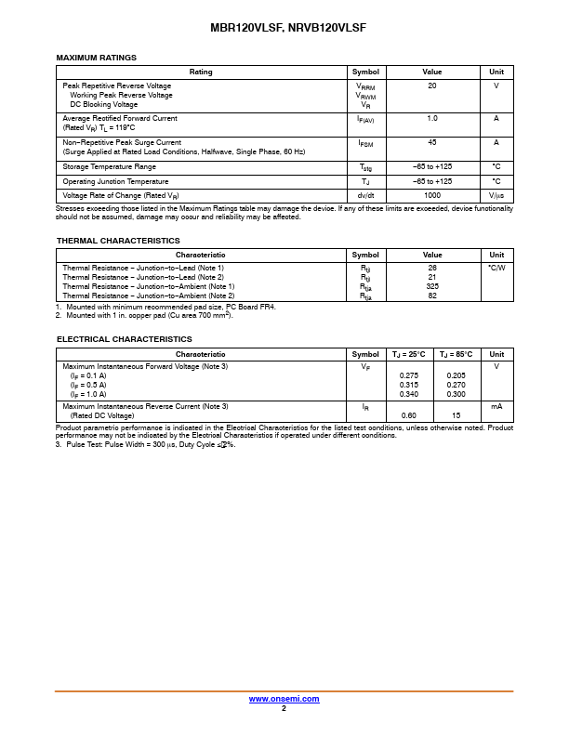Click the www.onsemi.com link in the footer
tap(284, 699)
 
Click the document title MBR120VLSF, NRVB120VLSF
tap(284, 29)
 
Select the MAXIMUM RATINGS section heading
tap(97, 58)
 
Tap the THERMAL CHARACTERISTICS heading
tap(118, 241)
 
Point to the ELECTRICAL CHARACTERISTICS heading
tap(124, 339)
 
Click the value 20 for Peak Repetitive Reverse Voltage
tap(432, 85)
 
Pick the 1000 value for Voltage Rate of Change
tap(432, 196)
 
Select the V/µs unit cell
tap(496, 196)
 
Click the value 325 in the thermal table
tap(432, 286)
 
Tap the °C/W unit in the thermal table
tap(496, 268)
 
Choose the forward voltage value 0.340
tap(408, 394)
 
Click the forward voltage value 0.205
tap(456, 375)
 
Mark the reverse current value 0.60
tap(408, 415)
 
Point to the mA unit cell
tap(496, 406)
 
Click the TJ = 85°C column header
tap(456, 354)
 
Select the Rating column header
tap(201, 72)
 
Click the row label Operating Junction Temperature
tap(115, 181)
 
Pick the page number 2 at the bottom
tap(284, 708)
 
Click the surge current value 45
tap(432, 142)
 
